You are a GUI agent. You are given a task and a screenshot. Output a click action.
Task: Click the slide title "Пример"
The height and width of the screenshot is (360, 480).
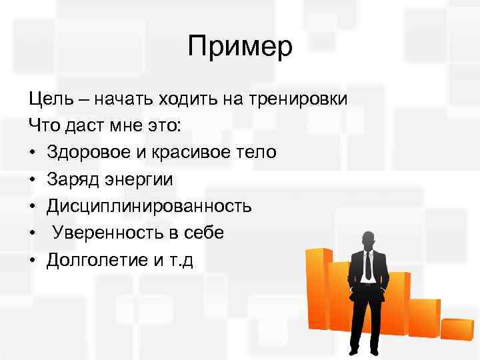coord(240,47)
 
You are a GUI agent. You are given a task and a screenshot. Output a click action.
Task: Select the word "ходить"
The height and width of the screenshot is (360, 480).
coord(183,99)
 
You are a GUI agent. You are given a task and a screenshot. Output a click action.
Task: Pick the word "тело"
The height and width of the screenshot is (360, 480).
coord(256,153)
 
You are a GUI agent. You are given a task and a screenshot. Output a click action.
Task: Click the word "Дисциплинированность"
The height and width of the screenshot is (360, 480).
coord(149,206)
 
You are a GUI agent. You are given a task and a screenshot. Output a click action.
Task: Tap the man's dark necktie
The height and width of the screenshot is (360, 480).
coord(368,267)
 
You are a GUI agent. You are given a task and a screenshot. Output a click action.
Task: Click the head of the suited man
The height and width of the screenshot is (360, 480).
coord(367,241)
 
